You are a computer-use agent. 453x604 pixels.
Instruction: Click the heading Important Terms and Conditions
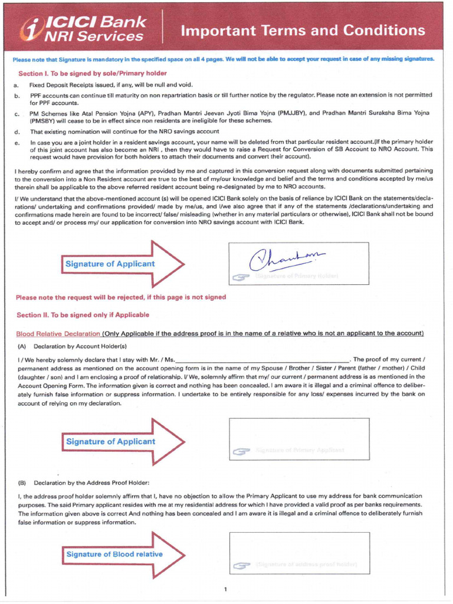pos(303,31)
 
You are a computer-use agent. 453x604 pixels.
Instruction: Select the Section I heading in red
pos(93,74)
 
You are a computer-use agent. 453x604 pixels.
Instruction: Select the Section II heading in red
pos(83,315)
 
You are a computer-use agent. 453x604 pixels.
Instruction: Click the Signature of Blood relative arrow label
pos(114,554)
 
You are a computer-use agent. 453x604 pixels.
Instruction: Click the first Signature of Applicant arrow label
pos(110,264)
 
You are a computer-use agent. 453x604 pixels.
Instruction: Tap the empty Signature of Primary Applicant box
pos(298,438)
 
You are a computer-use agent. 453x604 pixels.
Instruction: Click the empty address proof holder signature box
pos(299,553)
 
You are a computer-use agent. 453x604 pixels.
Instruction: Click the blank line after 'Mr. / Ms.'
pos(262,360)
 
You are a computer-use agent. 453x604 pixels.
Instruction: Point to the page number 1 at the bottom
pos(225,589)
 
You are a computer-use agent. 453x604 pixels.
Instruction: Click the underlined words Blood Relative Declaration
pos(58,333)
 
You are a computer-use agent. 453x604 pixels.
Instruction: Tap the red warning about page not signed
pos(121,297)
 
